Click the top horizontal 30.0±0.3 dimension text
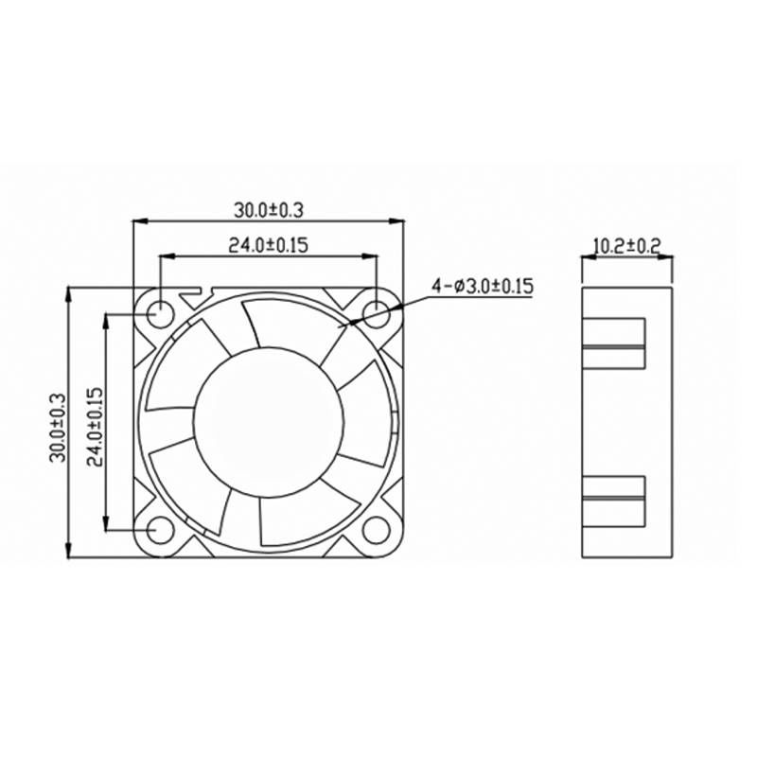pyautogui.click(x=268, y=209)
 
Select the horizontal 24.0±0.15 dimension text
pyautogui.click(x=268, y=244)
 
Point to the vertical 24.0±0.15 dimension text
pyautogui.click(x=95, y=423)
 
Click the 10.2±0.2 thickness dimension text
pyautogui.click(x=625, y=246)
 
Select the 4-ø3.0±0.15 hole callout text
pyautogui.click(x=483, y=285)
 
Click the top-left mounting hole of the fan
pyautogui.click(x=160, y=311)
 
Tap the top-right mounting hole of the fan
pyautogui.click(x=376, y=311)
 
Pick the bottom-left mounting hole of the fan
pyautogui.click(x=160, y=530)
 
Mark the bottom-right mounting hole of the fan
pyautogui.click(x=376, y=530)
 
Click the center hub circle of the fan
pyautogui.click(x=267, y=420)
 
